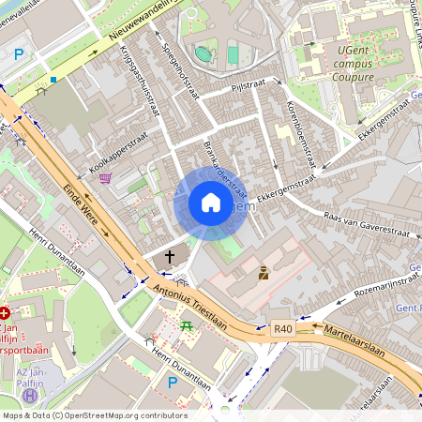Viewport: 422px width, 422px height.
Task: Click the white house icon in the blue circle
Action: (211, 203)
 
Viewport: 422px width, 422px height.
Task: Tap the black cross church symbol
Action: (170, 255)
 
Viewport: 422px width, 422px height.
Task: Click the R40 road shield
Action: (283, 329)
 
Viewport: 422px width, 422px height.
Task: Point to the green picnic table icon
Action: (186, 325)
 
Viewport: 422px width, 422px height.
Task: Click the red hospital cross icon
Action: (5, 313)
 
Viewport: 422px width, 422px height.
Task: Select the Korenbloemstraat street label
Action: (301, 130)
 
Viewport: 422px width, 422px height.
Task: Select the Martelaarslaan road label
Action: (354, 341)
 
